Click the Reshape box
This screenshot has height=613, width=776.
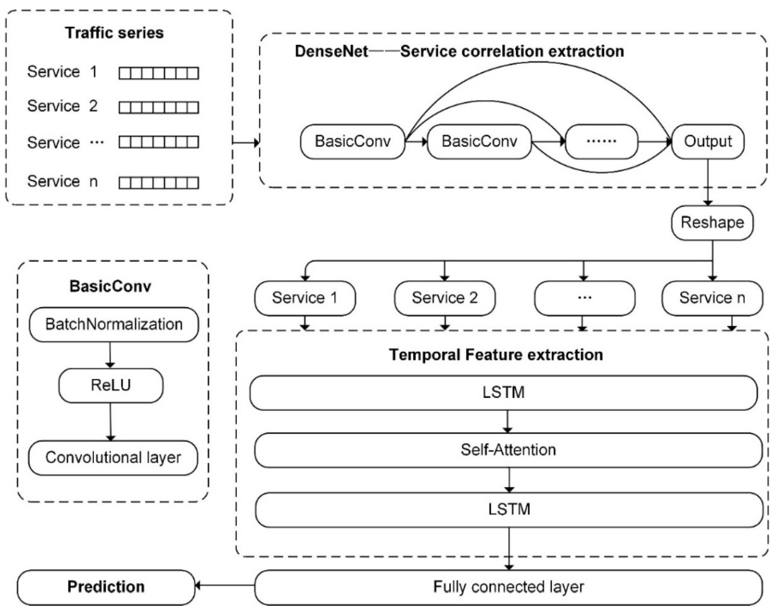(712, 222)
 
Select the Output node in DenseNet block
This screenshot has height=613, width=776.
(707, 141)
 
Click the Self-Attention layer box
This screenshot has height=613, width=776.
(508, 450)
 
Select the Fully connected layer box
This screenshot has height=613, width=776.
(508, 587)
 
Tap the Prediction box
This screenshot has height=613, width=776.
(106, 587)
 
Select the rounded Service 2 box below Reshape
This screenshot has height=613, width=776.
(445, 298)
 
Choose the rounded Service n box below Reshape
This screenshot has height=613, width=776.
(712, 298)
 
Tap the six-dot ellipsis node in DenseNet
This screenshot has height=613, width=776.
(601, 141)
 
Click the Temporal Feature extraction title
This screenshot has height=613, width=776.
(496, 355)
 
